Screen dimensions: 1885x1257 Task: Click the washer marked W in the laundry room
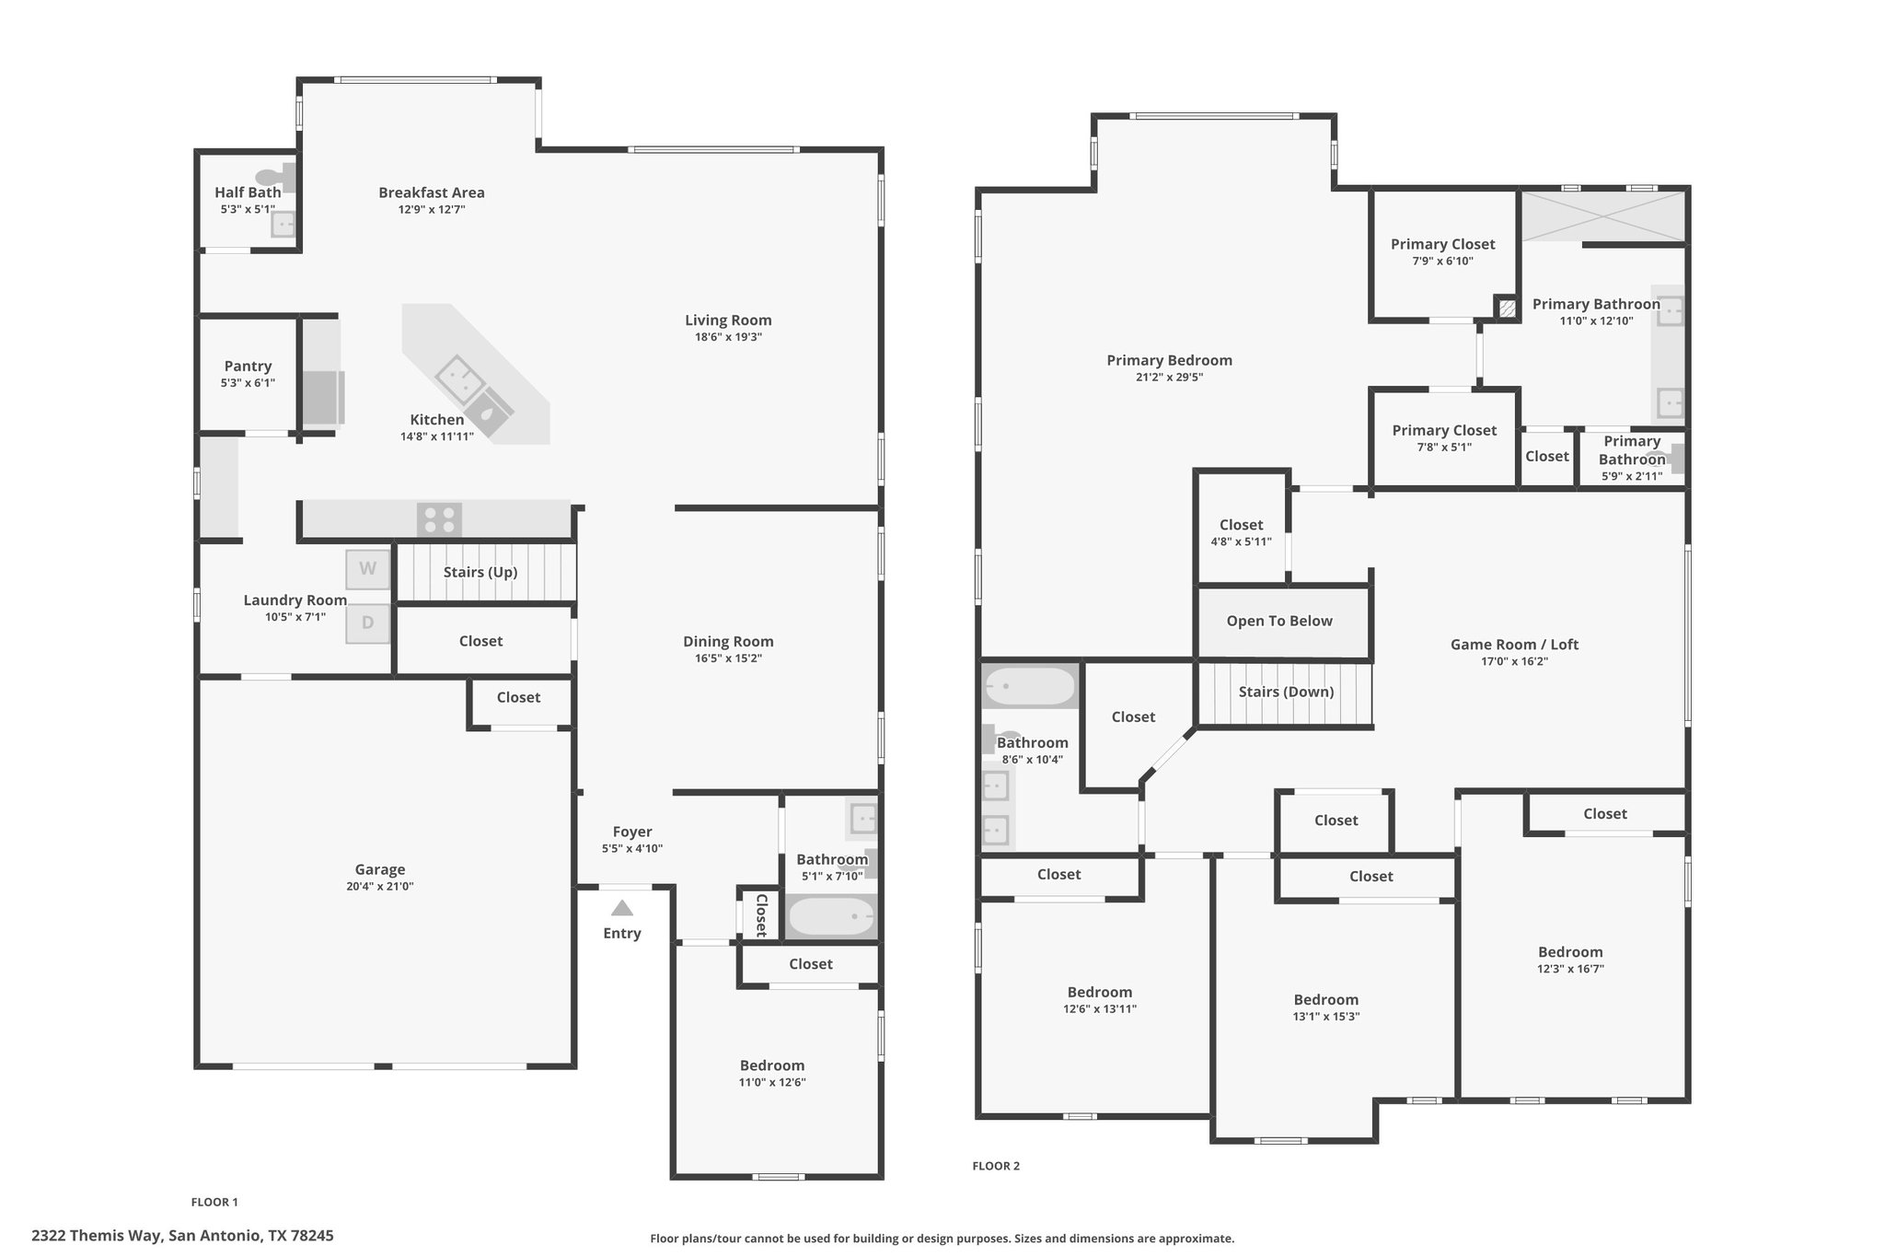tap(368, 569)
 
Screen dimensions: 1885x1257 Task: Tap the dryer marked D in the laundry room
tap(368, 623)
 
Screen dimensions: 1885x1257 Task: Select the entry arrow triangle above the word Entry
tap(622, 908)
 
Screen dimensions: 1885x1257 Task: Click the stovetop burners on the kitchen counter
tap(439, 520)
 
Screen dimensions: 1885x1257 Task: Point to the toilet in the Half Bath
tap(275, 177)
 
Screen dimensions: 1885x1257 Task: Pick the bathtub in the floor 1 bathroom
tap(831, 916)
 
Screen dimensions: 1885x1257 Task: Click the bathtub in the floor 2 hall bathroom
tap(1029, 686)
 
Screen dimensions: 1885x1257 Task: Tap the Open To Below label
tap(1279, 622)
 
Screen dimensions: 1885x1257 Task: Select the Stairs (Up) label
tap(480, 573)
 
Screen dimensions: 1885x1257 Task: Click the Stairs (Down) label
tap(1286, 693)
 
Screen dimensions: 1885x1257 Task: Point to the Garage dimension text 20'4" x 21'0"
tap(380, 887)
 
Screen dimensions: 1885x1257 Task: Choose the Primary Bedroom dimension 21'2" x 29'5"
tap(1169, 378)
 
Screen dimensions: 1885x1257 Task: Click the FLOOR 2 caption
tap(996, 1166)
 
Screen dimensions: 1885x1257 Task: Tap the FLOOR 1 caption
tap(214, 1202)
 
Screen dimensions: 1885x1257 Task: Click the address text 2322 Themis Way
tap(98, 1236)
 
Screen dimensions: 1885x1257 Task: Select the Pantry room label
tap(248, 367)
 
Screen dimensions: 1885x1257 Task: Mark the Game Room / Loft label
tap(1514, 645)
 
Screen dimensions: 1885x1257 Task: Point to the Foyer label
tap(632, 832)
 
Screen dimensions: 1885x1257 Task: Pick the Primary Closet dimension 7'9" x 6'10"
tap(1442, 262)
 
